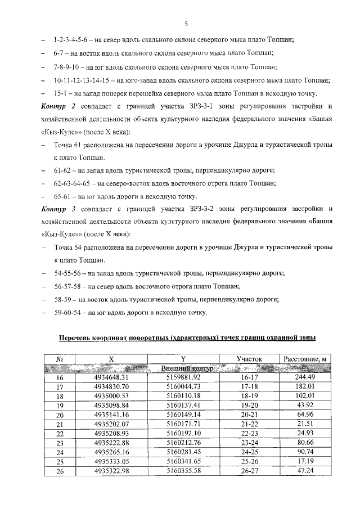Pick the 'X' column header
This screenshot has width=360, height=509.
(111, 358)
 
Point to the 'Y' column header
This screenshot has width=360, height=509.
(183, 358)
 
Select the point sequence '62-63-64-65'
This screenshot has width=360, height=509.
(73, 183)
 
